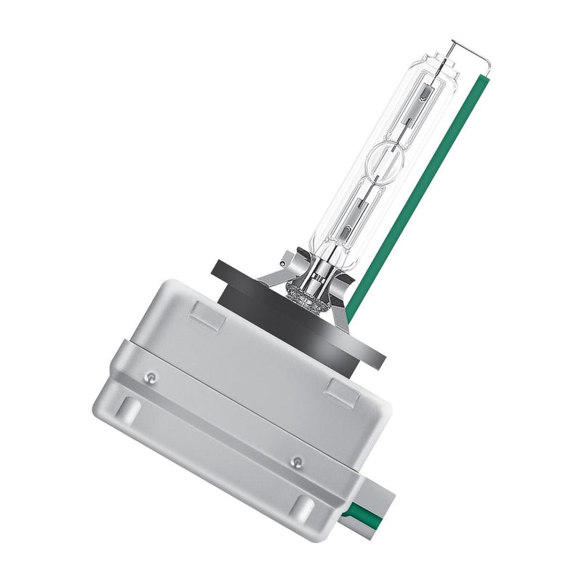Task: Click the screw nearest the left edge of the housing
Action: click(151, 377)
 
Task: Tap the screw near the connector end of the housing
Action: click(295, 461)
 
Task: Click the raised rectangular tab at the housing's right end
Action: click(340, 391)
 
